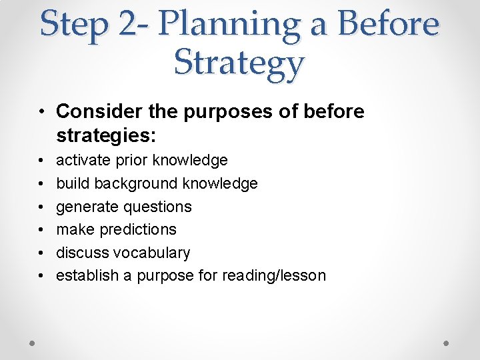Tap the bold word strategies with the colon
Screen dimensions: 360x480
tap(106, 136)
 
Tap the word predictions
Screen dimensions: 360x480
tap(138, 229)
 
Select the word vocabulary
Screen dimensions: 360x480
tap(152, 253)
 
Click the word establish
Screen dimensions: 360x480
tap(86, 275)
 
